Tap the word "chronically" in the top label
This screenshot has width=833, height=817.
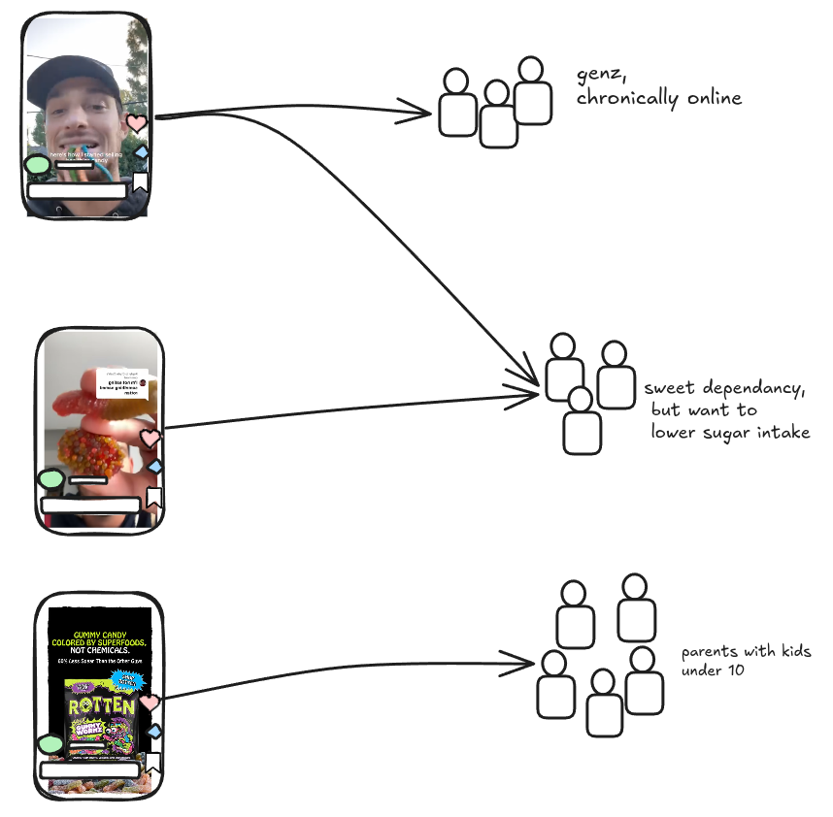[623, 98]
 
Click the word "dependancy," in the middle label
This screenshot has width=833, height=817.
[749, 388]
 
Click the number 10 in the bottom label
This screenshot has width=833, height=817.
[735, 670]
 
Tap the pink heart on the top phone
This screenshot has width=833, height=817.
[137, 123]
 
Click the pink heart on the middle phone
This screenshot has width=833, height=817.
[150, 439]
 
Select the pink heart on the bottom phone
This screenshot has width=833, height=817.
[149, 703]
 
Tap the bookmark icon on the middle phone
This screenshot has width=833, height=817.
[152, 498]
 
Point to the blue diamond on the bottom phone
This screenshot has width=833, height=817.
[152, 731]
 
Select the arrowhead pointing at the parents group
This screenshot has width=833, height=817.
[524, 666]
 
